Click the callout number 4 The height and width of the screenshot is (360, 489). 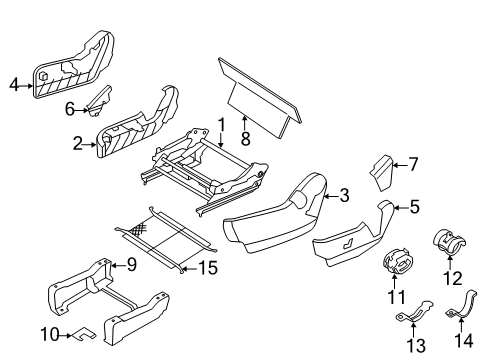click(x=14, y=85)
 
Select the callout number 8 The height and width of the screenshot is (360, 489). click(x=245, y=139)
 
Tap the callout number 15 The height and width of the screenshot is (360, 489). click(x=208, y=268)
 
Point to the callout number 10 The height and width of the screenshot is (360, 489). click(x=50, y=334)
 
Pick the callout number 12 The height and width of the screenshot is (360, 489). click(x=453, y=278)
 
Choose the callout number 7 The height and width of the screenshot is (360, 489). click(x=413, y=165)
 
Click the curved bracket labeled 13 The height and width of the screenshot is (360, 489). click(x=414, y=313)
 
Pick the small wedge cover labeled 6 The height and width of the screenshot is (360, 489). click(x=99, y=101)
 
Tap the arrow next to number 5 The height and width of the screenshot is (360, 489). click(x=400, y=208)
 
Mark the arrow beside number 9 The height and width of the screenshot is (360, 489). click(x=118, y=265)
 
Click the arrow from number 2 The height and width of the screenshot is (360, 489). click(x=89, y=145)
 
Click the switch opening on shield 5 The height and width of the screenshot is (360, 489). click(x=348, y=245)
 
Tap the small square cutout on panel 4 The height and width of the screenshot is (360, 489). click(x=43, y=76)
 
